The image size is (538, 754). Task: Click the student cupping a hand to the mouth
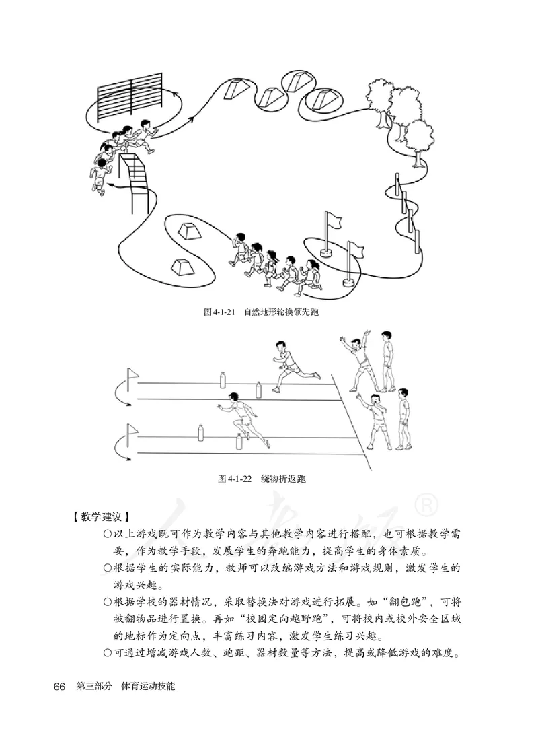pos(376,421)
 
